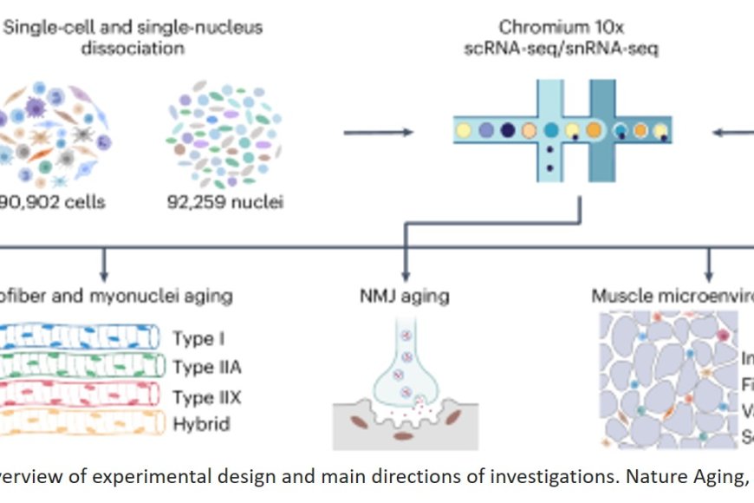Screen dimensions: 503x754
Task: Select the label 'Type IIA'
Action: (x=206, y=367)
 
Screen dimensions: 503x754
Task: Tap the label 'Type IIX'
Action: (x=206, y=396)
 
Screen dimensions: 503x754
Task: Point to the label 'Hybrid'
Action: (x=201, y=425)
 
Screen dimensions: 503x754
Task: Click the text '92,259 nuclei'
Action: (x=224, y=203)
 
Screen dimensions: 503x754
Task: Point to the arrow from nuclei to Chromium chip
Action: (x=378, y=133)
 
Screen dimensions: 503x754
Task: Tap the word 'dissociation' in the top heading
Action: (x=133, y=49)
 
